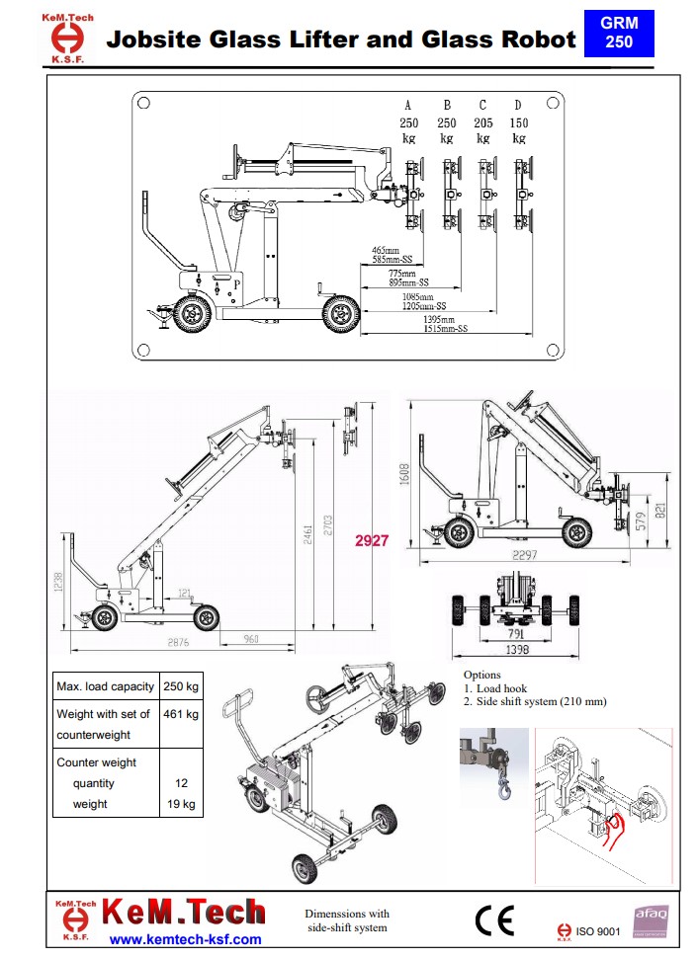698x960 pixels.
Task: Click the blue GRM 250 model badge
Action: [619, 33]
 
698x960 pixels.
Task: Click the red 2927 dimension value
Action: [372, 541]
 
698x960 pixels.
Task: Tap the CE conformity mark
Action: [493, 920]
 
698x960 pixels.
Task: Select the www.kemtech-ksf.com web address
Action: [185, 939]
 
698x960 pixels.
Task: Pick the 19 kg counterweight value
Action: [183, 804]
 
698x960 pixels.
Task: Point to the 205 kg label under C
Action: [482, 130]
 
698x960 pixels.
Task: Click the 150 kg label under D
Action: [518, 130]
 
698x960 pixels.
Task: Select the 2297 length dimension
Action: [524, 556]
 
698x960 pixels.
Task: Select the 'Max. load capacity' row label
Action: [105, 686]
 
